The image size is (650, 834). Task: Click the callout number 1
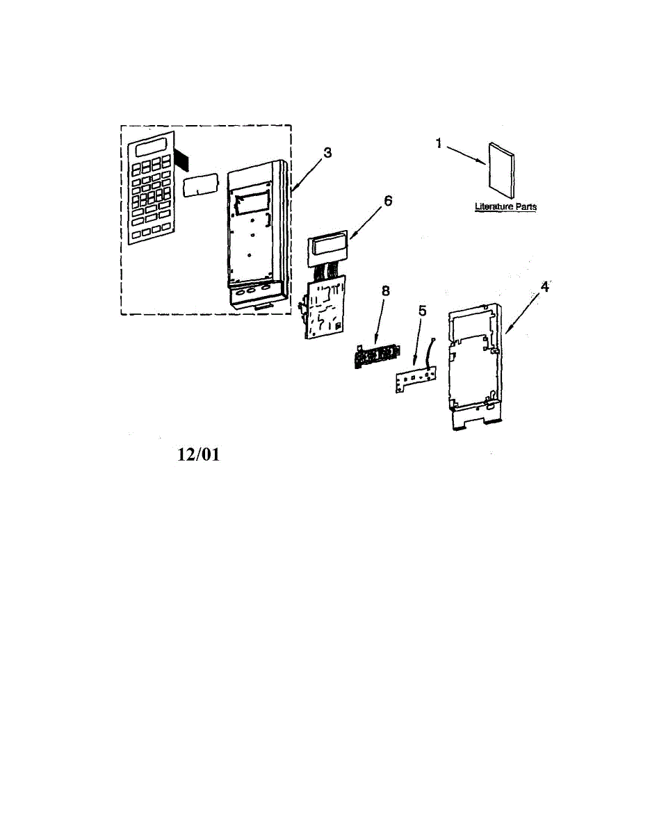(439, 143)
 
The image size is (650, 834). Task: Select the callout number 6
(388, 202)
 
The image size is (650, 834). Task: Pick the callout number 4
(545, 286)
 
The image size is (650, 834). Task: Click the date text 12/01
(199, 455)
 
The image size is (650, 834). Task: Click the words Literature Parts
(505, 206)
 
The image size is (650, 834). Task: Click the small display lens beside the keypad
(200, 186)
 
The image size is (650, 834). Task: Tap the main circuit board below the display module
(323, 306)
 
